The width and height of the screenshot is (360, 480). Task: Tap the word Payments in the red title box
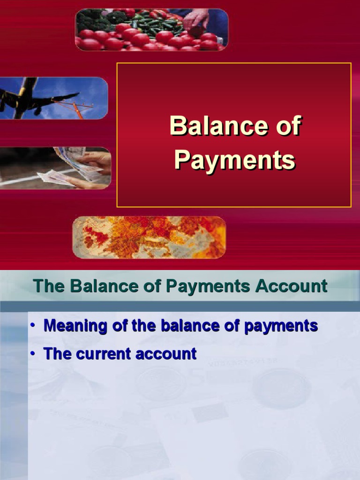(x=234, y=160)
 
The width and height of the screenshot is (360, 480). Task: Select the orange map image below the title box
(x=149, y=237)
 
